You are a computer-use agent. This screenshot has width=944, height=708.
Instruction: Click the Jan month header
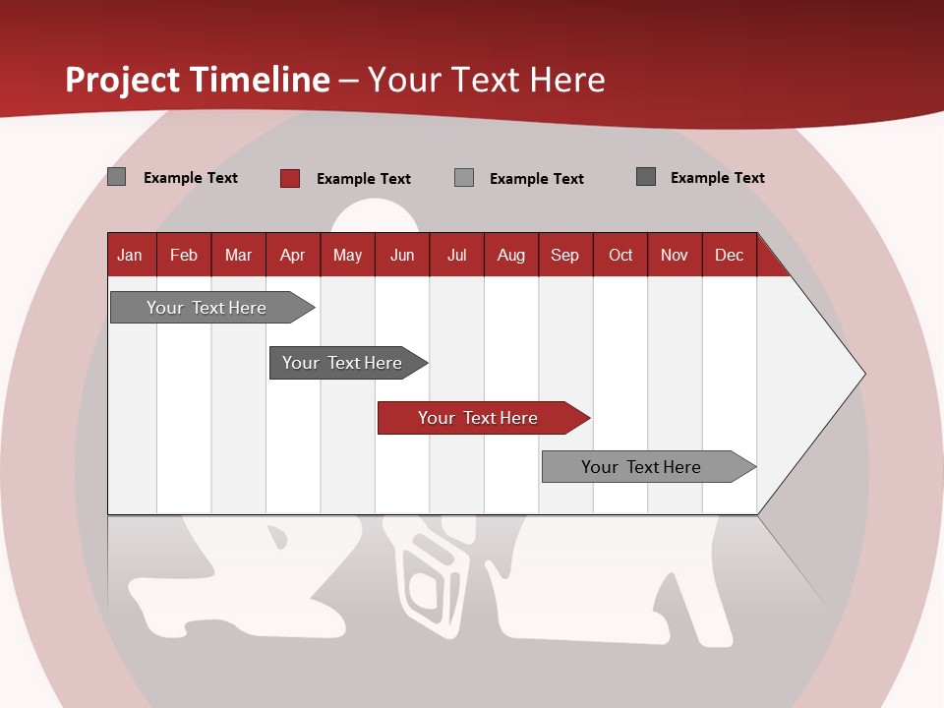point(130,255)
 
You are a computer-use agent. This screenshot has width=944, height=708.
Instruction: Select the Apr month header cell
point(292,255)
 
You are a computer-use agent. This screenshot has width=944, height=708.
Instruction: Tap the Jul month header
point(456,255)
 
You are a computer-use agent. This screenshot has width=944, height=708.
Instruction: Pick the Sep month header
point(564,255)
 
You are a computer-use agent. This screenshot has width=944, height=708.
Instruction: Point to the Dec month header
point(729,255)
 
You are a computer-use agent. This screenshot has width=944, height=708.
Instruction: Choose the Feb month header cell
point(184,255)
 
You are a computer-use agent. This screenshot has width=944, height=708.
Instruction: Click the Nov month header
point(674,255)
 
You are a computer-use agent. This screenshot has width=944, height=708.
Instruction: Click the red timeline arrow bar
point(479,418)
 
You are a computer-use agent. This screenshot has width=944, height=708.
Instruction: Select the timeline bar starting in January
point(207,308)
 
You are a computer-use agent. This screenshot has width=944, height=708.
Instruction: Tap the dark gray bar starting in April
point(343,363)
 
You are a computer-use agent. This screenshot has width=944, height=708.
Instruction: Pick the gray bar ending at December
point(642,467)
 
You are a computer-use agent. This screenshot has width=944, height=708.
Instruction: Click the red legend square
point(290,178)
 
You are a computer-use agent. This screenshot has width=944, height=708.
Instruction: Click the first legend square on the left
point(116,177)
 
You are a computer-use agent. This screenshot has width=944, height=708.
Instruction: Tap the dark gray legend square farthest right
point(646,177)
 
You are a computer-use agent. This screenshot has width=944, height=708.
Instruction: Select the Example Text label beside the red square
point(363,179)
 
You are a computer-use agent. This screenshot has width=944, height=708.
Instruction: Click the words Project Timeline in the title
point(197,80)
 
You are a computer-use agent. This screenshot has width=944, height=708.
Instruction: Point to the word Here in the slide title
point(567,80)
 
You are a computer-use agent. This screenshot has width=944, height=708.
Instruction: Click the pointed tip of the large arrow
point(862,374)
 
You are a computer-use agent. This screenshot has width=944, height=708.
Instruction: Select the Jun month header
point(402,255)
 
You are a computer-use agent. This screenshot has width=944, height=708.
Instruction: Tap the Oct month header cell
point(620,255)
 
